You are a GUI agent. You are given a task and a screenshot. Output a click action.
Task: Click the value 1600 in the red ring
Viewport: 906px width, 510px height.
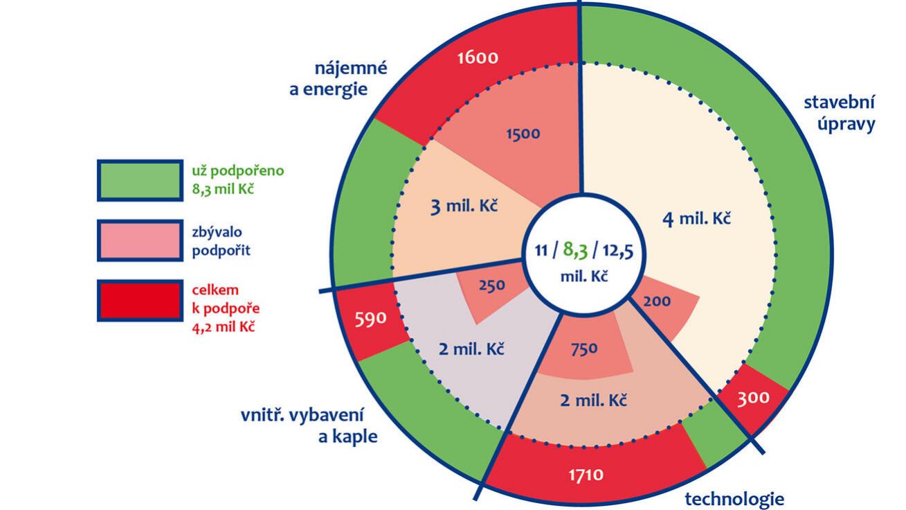478,57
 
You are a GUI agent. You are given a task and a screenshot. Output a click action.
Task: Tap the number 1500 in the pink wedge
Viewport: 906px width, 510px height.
523,134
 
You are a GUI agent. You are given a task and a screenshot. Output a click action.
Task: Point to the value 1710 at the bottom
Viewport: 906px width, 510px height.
586,475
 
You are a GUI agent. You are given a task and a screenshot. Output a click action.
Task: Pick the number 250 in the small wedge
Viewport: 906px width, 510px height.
491,285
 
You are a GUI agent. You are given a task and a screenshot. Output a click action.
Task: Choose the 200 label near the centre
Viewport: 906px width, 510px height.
657,301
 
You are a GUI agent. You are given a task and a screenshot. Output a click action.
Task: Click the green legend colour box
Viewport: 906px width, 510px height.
139,180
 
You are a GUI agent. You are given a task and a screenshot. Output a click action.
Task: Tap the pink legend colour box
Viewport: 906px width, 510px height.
139,240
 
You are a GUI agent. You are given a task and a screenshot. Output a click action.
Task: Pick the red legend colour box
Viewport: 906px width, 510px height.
139,301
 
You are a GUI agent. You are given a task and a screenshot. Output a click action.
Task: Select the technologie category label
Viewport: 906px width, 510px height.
734,498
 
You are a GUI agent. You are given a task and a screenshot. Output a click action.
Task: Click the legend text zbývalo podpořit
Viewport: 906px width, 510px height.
221,242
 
